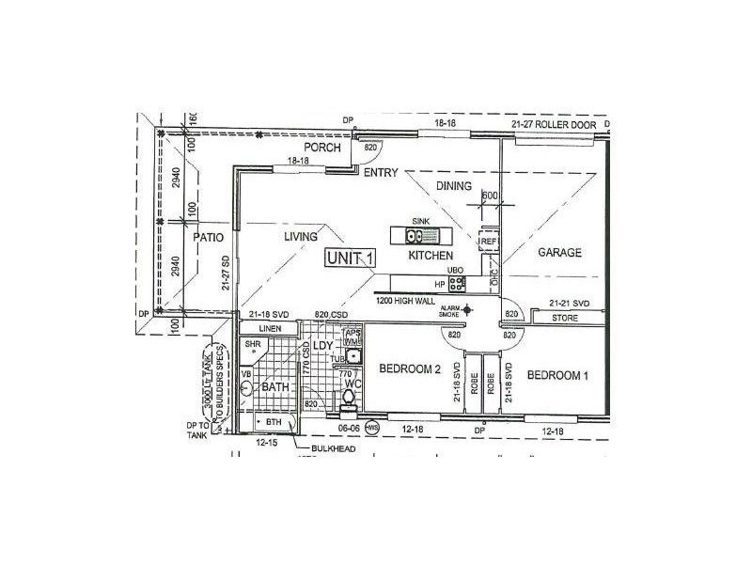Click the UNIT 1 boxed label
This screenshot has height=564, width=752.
tap(352, 258)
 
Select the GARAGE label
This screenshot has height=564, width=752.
tap(560, 253)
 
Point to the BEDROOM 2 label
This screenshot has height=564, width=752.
tap(410, 370)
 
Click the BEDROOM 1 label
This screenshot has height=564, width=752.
tap(557, 375)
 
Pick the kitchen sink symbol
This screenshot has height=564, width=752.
tap(419, 237)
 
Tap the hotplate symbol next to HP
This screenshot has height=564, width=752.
tap(456, 281)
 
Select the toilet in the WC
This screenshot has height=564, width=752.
tap(350, 401)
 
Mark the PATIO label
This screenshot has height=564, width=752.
tap(208, 239)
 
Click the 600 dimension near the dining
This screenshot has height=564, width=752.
tap(489, 196)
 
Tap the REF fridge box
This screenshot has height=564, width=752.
tap(488, 242)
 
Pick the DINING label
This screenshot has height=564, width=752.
tap(454, 187)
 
